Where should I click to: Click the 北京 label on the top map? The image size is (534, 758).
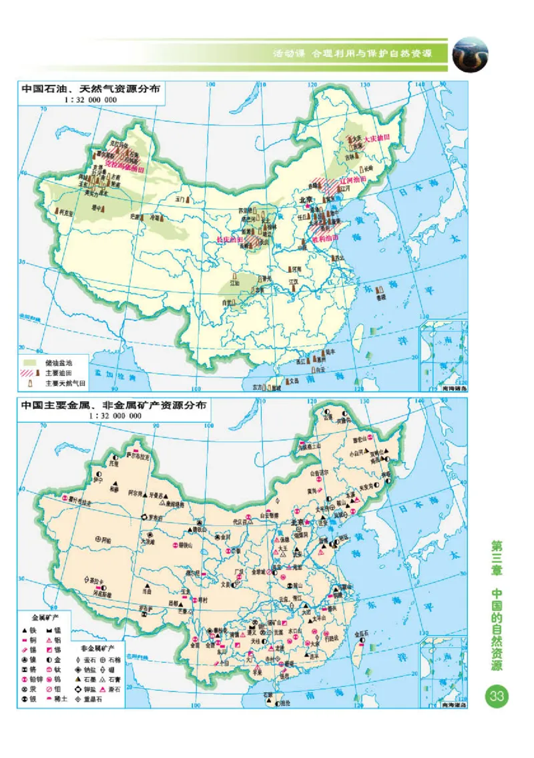(x=306, y=199)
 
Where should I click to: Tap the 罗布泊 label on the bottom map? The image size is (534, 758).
(x=154, y=517)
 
